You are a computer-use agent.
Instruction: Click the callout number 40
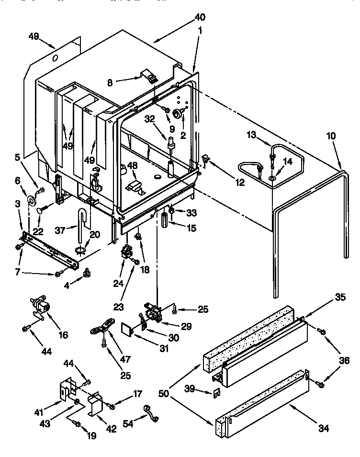click(x=200, y=17)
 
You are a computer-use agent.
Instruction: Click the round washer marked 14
click(x=271, y=179)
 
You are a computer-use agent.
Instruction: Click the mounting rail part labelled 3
click(x=48, y=250)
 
